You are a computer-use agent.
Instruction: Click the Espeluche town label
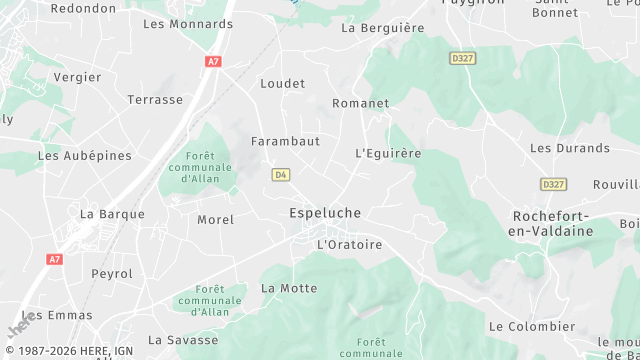click(325, 213)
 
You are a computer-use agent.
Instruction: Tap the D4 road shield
click(281, 175)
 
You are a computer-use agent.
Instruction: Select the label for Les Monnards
click(188, 23)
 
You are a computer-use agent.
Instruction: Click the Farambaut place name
click(285, 141)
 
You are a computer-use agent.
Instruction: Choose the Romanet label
click(360, 103)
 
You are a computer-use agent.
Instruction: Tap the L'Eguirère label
click(389, 154)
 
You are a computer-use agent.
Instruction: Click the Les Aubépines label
click(84, 156)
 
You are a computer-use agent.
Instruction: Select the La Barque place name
click(112, 214)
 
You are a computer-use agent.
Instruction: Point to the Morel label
click(215, 220)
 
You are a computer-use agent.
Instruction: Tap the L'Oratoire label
click(349, 244)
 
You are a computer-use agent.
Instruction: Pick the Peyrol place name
click(111, 273)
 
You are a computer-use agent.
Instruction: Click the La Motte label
click(289, 288)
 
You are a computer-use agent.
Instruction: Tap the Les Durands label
click(569, 148)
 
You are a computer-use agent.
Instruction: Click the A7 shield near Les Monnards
click(213, 61)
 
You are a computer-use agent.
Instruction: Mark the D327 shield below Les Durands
click(553, 184)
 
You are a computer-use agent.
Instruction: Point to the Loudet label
click(282, 84)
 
